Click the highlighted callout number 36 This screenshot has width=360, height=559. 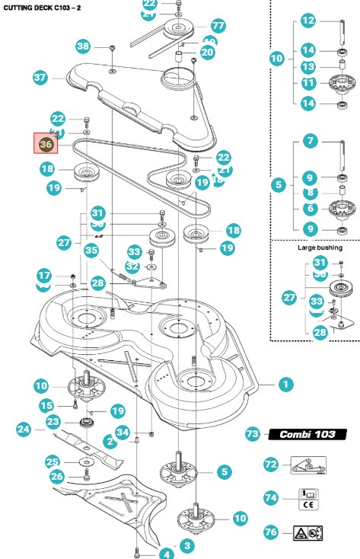(x=46, y=143)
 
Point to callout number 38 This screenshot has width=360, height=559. (x=83, y=46)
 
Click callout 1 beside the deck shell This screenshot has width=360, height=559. (x=285, y=385)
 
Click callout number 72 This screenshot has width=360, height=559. (x=271, y=463)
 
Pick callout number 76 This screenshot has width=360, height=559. (x=271, y=532)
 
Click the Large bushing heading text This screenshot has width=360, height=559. (x=315, y=248)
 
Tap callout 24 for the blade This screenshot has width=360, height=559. (x=24, y=430)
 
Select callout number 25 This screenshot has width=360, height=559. (x=52, y=462)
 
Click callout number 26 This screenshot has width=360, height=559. (x=56, y=477)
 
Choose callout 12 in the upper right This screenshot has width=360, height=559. (x=308, y=21)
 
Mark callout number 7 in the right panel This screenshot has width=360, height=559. (x=311, y=141)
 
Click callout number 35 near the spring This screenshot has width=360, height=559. (x=92, y=249)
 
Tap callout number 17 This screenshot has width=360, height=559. (x=44, y=275)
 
